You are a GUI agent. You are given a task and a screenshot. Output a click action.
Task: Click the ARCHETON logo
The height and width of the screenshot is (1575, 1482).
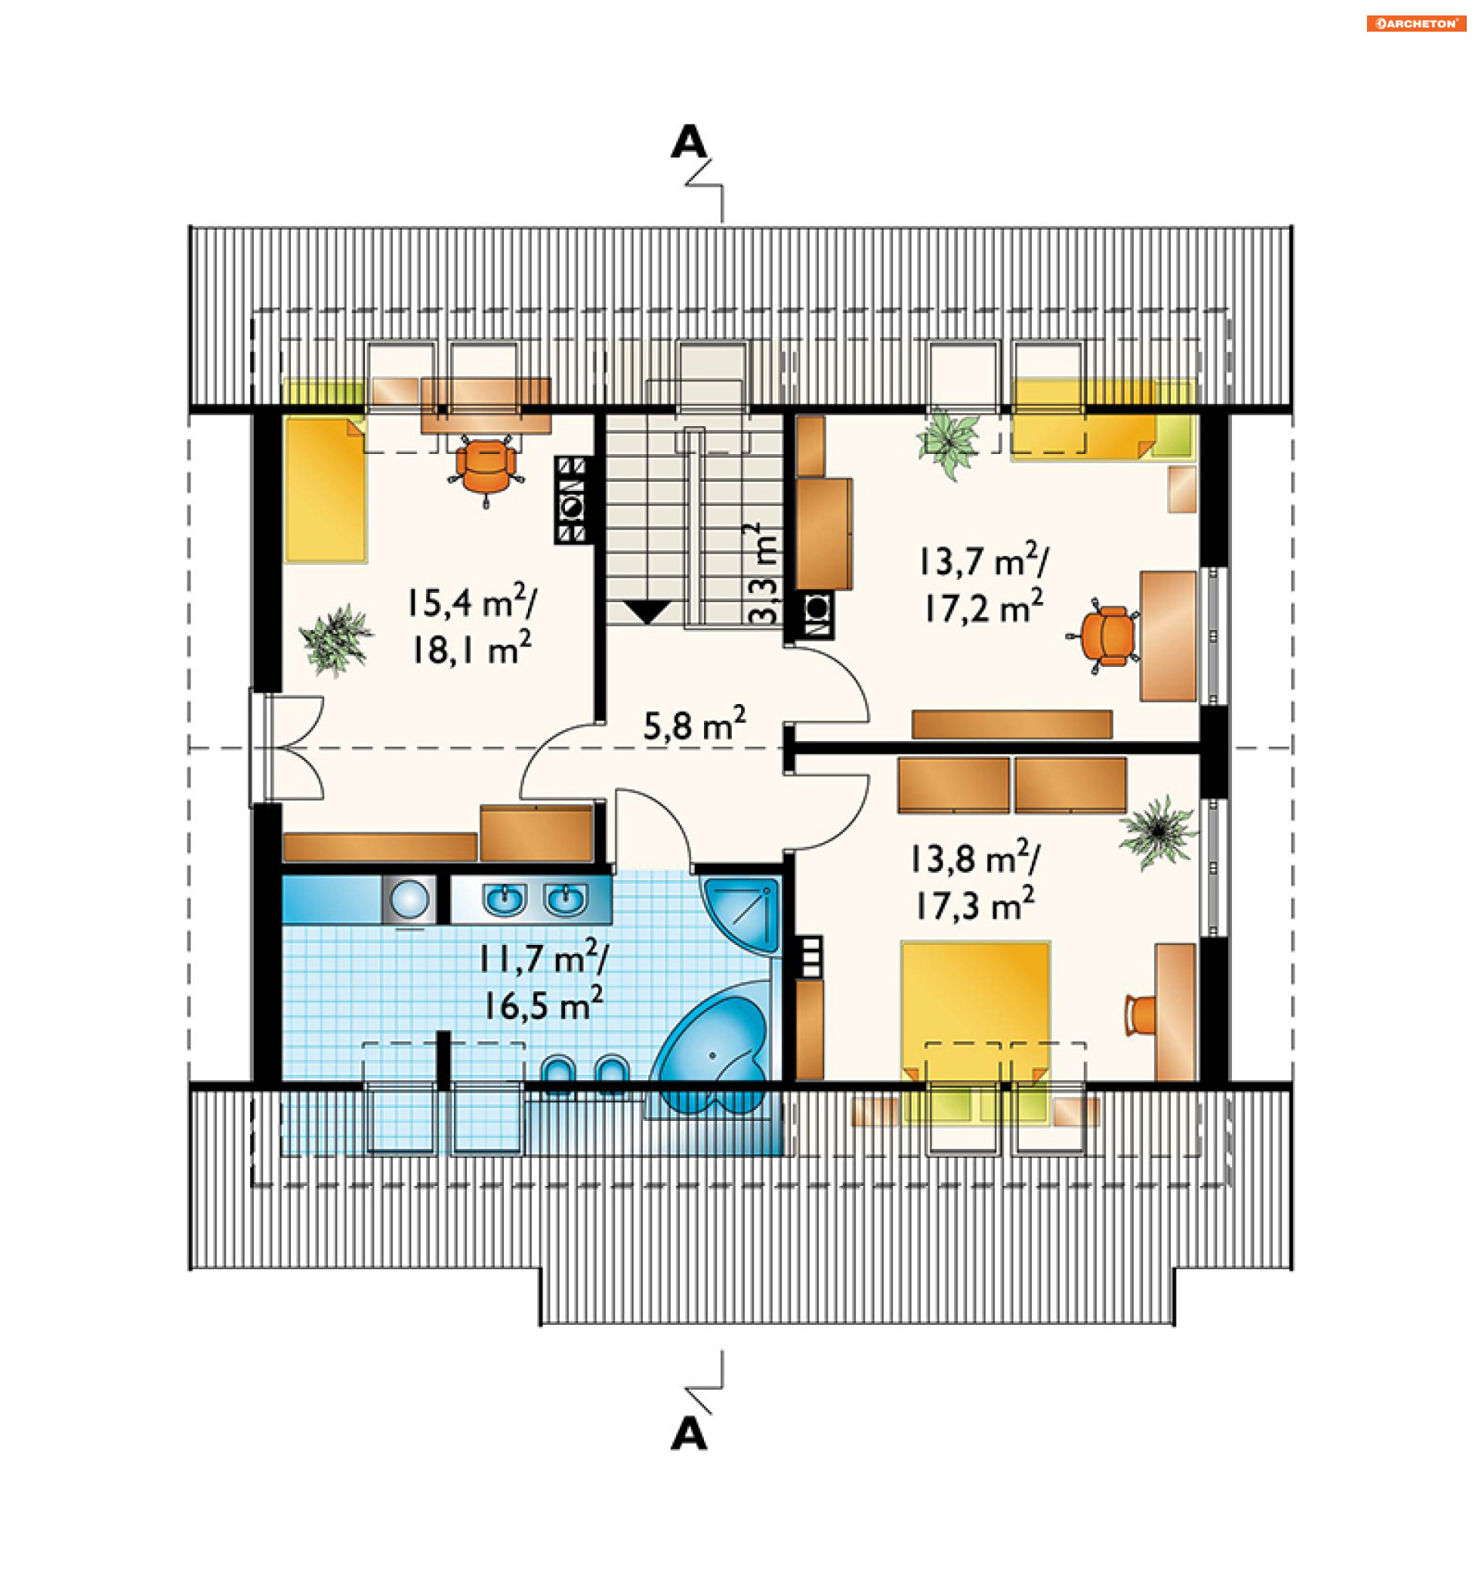pyautogui.click(x=1416, y=24)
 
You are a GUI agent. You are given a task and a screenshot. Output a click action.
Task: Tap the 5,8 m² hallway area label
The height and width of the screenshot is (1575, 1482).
pyautogui.click(x=694, y=723)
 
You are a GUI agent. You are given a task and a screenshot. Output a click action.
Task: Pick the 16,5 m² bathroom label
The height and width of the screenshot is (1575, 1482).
pyautogui.click(x=543, y=1004)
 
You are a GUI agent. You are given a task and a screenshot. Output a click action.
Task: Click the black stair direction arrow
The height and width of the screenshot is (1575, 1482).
pyautogui.click(x=647, y=612)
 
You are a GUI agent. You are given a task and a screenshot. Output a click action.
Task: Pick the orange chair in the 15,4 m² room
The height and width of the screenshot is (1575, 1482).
pyautogui.click(x=486, y=469)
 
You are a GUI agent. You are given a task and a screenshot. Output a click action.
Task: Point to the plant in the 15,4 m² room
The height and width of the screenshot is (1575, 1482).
pyautogui.click(x=336, y=639)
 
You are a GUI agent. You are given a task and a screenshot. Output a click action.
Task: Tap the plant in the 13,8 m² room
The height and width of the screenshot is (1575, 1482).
pyautogui.click(x=1157, y=832)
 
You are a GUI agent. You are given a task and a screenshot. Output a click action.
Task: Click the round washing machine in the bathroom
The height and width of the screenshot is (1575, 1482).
pyautogui.click(x=410, y=900)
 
